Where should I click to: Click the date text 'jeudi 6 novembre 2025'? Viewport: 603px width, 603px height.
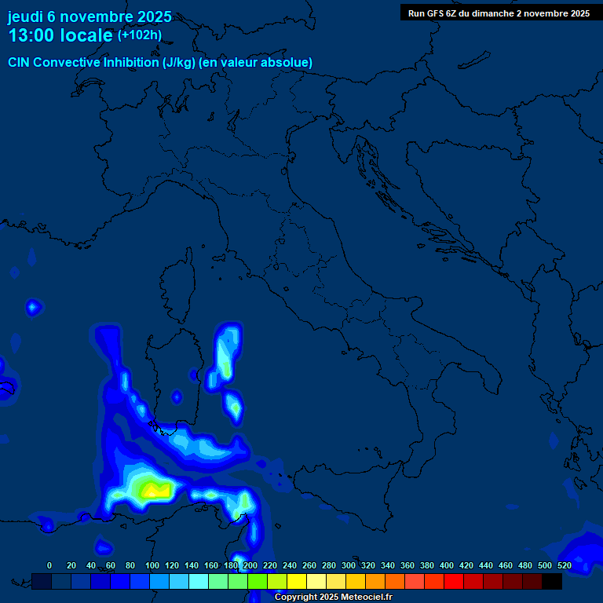(x=90, y=16)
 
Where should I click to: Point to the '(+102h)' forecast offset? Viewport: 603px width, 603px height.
(x=139, y=35)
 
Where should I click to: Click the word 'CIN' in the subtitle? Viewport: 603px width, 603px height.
(x=20, y=62)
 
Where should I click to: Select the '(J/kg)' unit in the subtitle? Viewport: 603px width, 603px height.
(x=179, y=62)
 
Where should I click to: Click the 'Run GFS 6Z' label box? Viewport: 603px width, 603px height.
(x=499, y=13)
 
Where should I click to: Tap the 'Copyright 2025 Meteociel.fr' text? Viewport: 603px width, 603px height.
(x=333, y=597)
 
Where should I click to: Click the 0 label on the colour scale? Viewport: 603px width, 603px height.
(x=49, y=565)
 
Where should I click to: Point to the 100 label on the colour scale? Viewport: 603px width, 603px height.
(x=152, y=565)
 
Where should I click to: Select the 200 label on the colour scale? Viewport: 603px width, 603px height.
(x=250, y=565)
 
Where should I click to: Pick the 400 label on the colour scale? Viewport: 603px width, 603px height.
(x=447, y=565)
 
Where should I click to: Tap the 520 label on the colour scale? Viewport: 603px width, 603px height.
(x=564, y=565)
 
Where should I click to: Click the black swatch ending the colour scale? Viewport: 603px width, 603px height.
(x=552, y=581)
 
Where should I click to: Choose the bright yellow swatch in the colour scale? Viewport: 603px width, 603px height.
(x=297, y=581)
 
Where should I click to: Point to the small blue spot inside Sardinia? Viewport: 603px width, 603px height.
(x=177, y=397)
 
